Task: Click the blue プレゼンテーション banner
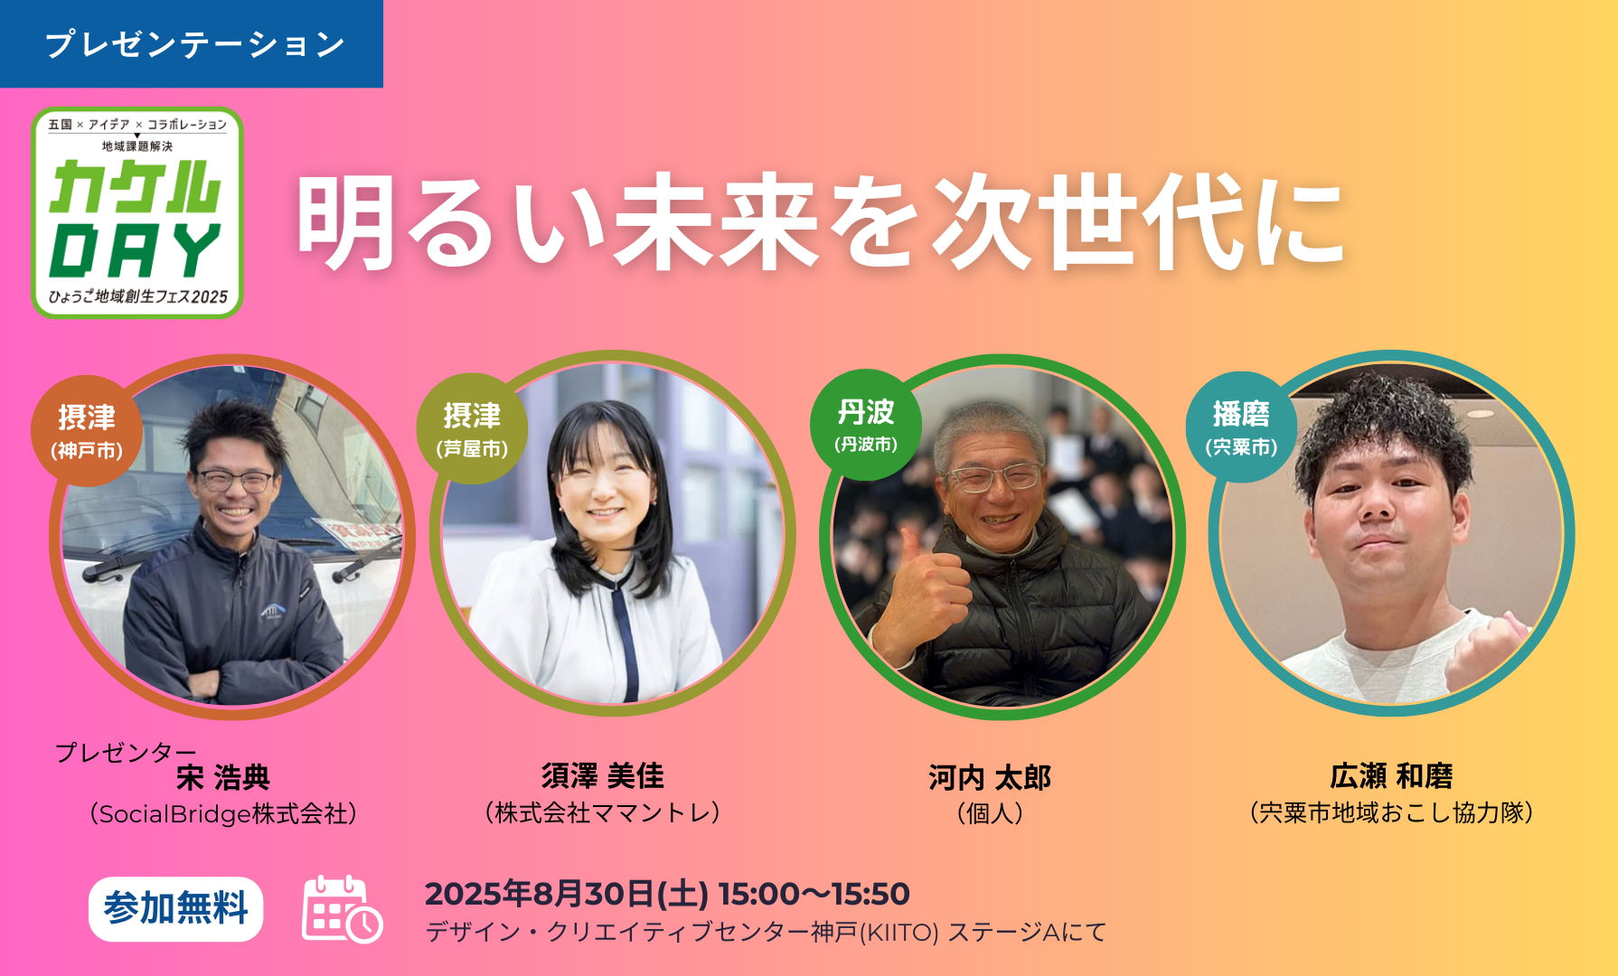click(x=191, y=43)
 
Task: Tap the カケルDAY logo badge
click(x=137, y=212)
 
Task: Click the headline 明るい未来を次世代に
click(x=821, y=222)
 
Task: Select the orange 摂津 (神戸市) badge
click(x=87, y=431)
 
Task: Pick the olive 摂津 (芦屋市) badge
click(x=472, y=428)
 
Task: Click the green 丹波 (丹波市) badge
click(x=866, y=425)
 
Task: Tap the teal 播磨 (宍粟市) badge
click(x=1241, y=427)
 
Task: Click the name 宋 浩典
click(x=223, y=778)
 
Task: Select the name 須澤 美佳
click(x=603, y=776)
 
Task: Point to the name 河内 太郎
click(x=990, y=778)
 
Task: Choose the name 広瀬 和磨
click(x=1391, y=776)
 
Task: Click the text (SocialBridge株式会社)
click(x=223, y=814)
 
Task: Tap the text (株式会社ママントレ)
click(x=603, y=812)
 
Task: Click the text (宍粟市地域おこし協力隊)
click(x=1391, y=812)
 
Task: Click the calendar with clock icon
click(x=342, y=909)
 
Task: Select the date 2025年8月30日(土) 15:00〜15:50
click(x=667, y=894)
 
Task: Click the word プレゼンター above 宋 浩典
click(x=126, y=752)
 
